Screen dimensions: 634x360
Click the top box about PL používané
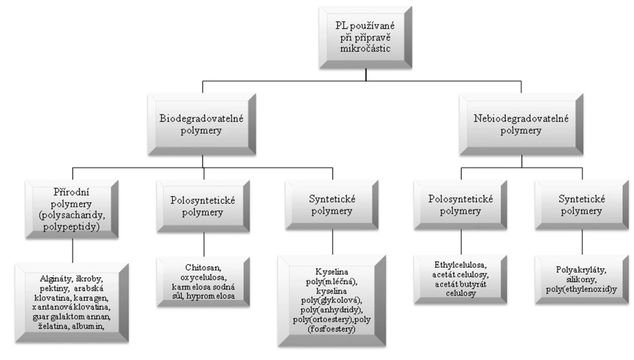coord(365,37)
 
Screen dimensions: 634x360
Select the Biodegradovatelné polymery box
coord(202,124)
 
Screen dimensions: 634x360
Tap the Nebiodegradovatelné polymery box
coord(522,124)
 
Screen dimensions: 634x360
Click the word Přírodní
coord(72,192)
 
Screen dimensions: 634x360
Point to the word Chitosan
coord(203,267)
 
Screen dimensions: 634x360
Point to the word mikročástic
coord(365,49)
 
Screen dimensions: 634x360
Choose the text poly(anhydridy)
coord(332,310)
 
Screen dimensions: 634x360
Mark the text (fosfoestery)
coord(332,329)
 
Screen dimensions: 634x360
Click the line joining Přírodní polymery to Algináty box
coord(73,251)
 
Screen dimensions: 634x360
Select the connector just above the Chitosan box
coord(204,244)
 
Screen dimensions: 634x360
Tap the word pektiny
coord(54,289)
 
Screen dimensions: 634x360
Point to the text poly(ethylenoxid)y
coord(581,289)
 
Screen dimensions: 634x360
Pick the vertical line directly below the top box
coord(366,75)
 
